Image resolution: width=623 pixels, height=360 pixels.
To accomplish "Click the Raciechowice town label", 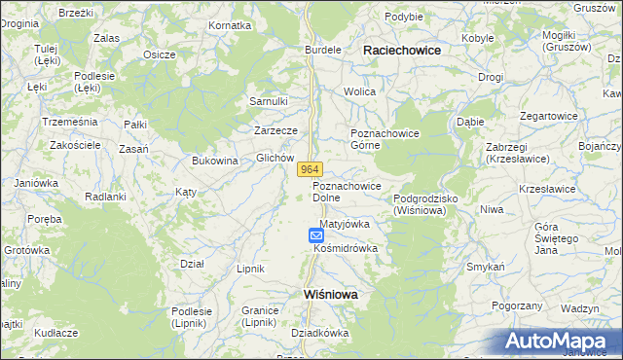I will click(x=401, y=49).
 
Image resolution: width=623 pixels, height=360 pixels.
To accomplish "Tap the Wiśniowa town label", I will click(x=324, y=293).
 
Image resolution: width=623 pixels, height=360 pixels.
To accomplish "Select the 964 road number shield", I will click(x=310, y=169).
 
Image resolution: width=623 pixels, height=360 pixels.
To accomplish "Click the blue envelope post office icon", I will click(x=315, y=234).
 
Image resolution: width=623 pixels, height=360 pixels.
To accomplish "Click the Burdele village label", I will click(x=323, y=49).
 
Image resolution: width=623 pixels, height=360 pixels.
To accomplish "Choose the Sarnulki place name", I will click(x=269, y=101).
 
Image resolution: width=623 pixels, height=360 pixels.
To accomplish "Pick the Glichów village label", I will click(x=275, y=157).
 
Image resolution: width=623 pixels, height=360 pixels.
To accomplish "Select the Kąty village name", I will click(x=185, y=192).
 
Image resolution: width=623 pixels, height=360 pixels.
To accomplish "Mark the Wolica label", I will click(x=359, y=91).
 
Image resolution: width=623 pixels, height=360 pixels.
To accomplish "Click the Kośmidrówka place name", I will click(x=345, y=248).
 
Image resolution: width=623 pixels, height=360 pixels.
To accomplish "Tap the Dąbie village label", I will click(x=470, y=123).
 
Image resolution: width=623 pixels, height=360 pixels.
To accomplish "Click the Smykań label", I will click(x=485, y=266).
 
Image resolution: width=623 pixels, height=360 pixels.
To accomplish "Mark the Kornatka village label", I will click(x=230, y=24).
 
